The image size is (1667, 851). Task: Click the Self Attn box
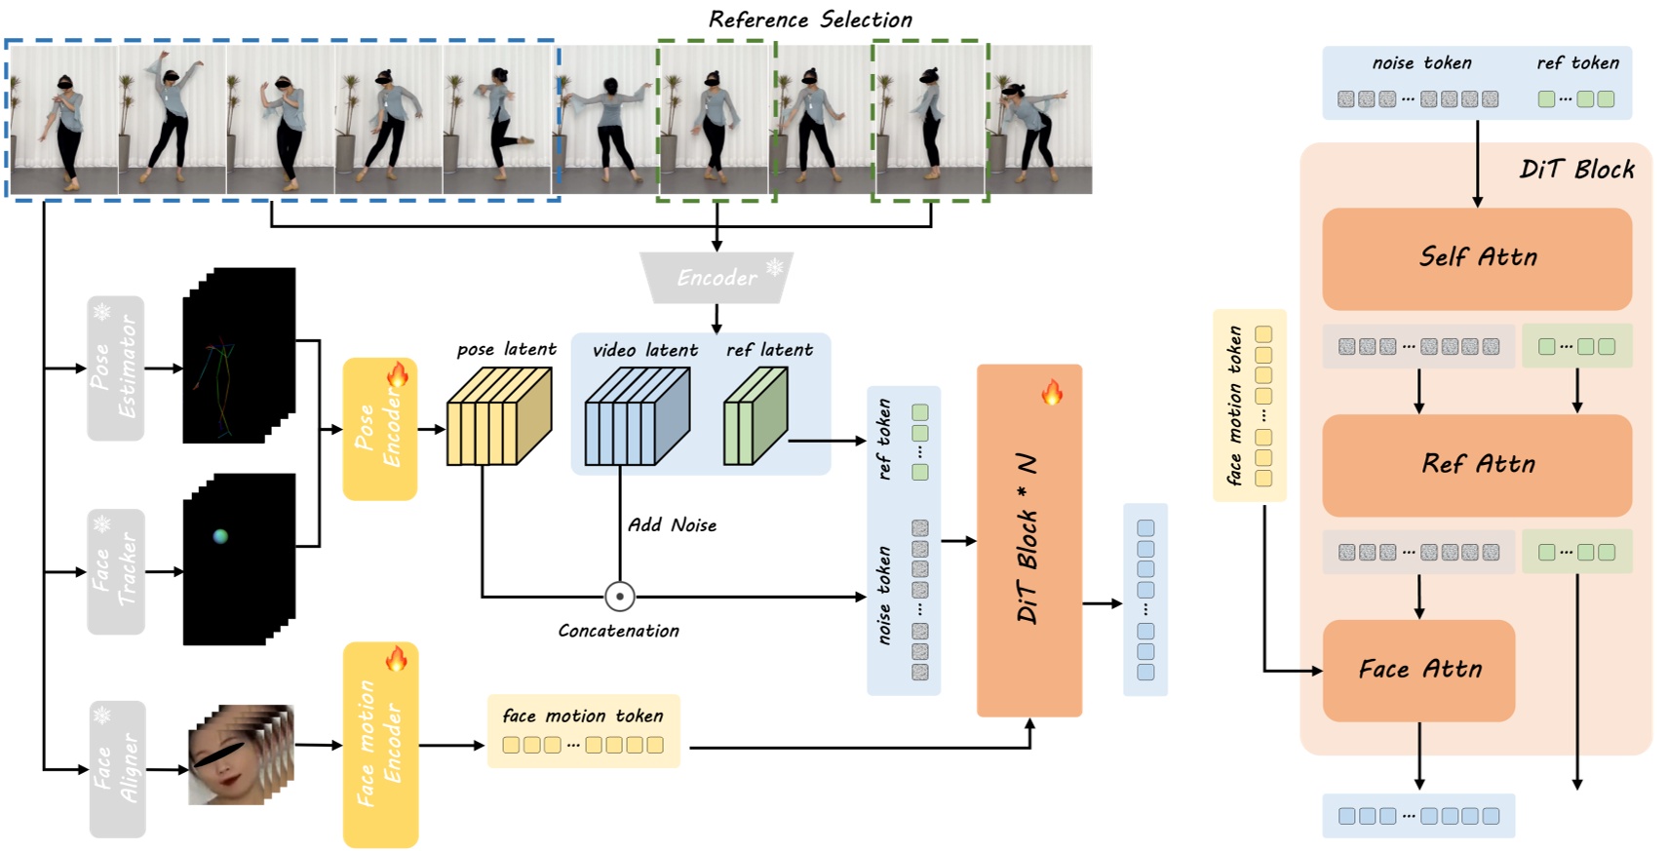(x=1476, y=258)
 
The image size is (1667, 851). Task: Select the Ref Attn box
(x=1476, y=465)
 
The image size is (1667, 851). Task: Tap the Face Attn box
(x=1418, y=670)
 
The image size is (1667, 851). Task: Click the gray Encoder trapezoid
(x=717, y=278)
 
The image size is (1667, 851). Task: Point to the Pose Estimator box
(x=116, y=367)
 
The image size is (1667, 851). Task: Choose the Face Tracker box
(x=116, y=571)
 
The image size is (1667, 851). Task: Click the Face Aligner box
(x=118, y=768)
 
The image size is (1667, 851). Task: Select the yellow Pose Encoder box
(x=379, y=429)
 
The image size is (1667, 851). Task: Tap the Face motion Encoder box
(x=379, y=745)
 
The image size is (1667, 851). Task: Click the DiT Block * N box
(x=1028, y=541)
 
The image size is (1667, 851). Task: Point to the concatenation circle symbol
(x=619, y=596)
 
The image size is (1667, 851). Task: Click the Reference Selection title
(x=810, y=19)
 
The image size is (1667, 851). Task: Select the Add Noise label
(x=672, y=525)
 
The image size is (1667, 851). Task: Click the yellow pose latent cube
(x=498, y=417)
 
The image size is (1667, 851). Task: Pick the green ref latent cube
(x=755, y=417)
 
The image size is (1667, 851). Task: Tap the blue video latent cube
(x=636, y=417)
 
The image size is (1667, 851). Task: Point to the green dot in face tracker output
(x=220, y=536)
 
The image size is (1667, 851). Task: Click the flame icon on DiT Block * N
(x=1051, y=393)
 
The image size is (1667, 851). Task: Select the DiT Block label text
(x=1576, y=170)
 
